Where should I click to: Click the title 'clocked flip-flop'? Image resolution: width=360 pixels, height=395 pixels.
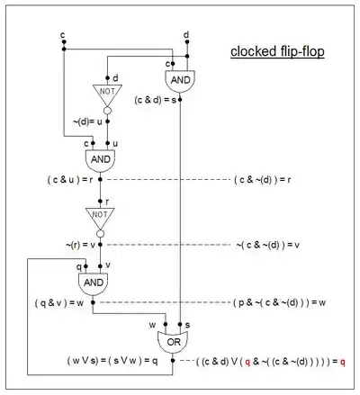[x=277, y=51]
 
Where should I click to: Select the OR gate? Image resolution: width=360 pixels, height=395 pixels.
[x=173, y=342]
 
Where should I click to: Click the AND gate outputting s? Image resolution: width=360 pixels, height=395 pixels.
[x=180, y=81]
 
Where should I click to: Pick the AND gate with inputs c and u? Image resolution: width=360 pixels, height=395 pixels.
[x=100, y=160]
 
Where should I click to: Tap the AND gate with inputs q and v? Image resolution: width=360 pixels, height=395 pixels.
[x=94, y=283]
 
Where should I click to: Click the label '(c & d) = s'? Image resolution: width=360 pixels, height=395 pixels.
[x=156, y=100]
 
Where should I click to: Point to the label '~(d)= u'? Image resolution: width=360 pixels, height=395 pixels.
[x=87, y=121]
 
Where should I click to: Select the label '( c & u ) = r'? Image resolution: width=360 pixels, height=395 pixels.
[x=70, y=180]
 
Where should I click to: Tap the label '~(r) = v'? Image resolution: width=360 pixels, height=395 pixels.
[x=80, y=245]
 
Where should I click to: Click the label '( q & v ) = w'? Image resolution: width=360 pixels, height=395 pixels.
[x=59, y=303]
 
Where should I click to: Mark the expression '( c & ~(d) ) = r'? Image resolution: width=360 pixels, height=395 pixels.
[x=263, y=180]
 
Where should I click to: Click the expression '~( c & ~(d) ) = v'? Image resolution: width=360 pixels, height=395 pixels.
[x=268, y=245]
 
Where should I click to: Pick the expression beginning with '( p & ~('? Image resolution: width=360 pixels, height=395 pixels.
[x=279, y=302]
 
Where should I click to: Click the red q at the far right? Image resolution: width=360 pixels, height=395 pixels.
[x=342, y=363]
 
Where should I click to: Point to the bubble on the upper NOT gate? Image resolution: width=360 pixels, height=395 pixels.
[x=107, y=111]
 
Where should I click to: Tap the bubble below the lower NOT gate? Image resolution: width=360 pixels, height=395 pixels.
[x=100, y=234]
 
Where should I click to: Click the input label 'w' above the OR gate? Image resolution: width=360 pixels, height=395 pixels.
[x=152, y=325]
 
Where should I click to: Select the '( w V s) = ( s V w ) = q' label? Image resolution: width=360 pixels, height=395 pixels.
[x=112, y=361]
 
